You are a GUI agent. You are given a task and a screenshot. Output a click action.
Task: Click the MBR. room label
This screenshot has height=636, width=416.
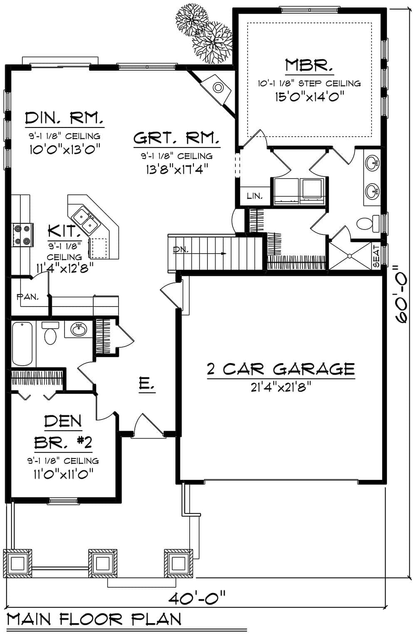pos(309,66)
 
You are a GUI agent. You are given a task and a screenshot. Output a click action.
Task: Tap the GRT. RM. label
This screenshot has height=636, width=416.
pos(176,138)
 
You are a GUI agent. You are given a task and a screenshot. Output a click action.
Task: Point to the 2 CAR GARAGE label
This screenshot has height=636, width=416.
pos(281,369)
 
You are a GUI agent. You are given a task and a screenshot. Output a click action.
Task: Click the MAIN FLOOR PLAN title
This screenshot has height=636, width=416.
pos(94,619)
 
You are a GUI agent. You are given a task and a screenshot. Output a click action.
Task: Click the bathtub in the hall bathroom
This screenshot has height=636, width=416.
pos(22,344)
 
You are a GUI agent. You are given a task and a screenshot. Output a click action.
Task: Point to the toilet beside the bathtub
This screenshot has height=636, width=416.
pos(50,333)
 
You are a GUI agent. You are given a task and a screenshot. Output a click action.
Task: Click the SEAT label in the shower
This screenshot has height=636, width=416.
pos(376,256)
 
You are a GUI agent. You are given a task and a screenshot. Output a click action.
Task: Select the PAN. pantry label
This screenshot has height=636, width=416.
pos(28,297)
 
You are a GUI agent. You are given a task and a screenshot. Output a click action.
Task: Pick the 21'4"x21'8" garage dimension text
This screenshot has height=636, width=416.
pos(281,388)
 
